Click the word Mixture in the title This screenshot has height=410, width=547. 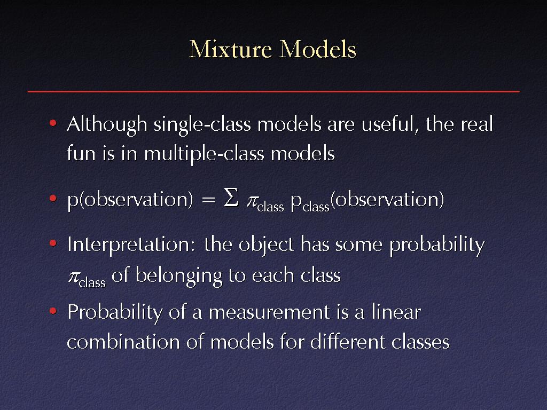point(230,49)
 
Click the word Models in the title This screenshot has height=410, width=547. point(318,49)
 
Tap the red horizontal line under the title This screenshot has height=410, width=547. point(273,92)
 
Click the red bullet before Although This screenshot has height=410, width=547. point(53,123)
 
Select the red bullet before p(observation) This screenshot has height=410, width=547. point(53,199)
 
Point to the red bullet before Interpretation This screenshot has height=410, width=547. point(53,243)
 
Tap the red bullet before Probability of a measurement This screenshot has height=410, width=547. point(53,310)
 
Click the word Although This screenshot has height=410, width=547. point(107,125)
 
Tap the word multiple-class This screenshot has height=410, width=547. point(205,154)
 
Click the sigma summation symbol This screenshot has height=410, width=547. point(231,198)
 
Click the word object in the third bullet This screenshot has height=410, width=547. point(267,245)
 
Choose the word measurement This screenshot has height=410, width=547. point(269,312)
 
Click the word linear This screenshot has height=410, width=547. point(396,311)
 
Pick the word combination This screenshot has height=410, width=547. point(123,342)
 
